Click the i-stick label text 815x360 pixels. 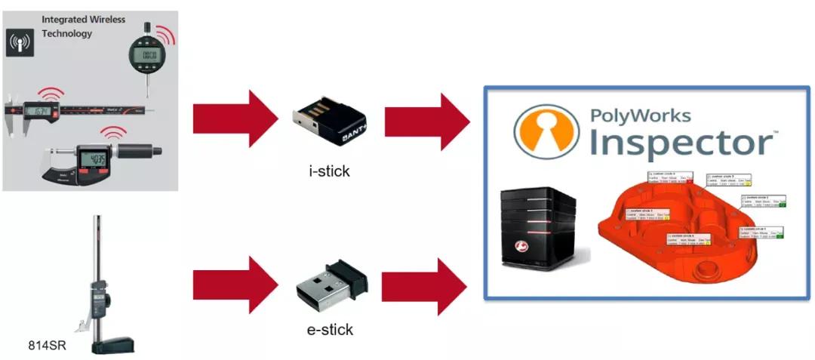330,171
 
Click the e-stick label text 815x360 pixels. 331,330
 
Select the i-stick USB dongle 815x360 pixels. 331,120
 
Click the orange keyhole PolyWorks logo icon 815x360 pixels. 546,132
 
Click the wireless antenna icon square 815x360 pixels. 17,44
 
